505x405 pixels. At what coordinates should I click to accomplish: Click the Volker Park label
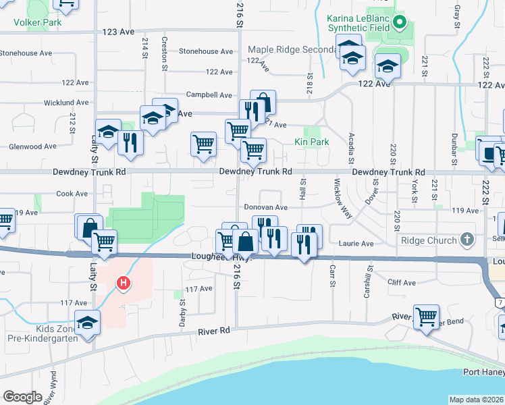pyautogui.click(x=38, y=22)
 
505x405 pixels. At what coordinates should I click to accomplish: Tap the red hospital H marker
pyautogui.click(x=123, y=283)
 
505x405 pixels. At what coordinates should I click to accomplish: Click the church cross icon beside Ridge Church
pyautogui.click(x=466, y=240)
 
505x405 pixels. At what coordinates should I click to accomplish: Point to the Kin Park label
pyautogui.click(x=311, y=142)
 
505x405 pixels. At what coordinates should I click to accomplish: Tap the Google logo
pyautogui.click(x=22, y=397)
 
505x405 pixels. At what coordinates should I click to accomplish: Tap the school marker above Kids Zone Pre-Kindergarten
pyautogui.click(x=87, y=323)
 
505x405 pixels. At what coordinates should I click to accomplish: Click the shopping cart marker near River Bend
pyautogui.click(x=426, y=316)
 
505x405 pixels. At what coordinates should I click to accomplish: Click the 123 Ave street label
pyautogui.click(x=119, y=32)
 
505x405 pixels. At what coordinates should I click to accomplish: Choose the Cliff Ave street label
pyautogui.click(x=401, y=282)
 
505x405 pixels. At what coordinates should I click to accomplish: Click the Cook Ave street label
pyautogui.click(x=72, y=194)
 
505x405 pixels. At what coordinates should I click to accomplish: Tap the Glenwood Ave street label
pyautogui.click(x=32, y=146)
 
